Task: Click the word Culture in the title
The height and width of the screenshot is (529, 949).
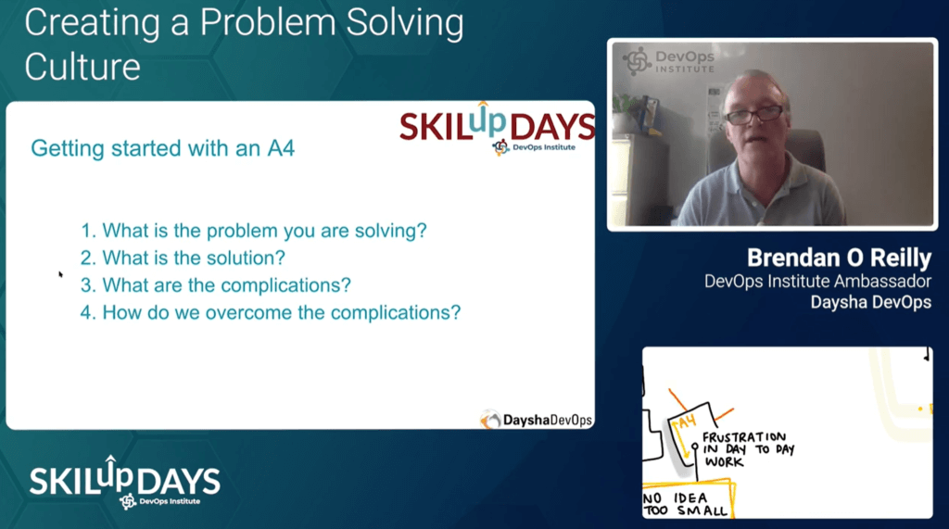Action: coord(82,67)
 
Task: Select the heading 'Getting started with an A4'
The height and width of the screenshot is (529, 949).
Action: coord(163,148)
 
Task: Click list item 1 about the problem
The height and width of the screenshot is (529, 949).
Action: coord(254,231)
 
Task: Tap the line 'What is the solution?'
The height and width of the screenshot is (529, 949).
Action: coord(183,258)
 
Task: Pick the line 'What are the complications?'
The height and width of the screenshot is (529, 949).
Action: coord(215,285)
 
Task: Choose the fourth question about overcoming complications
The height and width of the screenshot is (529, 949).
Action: coord(271,312)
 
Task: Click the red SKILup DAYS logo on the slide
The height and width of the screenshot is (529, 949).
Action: coord(497,128)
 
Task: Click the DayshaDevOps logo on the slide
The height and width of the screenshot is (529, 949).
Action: coord(537,419)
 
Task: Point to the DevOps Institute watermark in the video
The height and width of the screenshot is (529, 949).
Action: coord(669,62)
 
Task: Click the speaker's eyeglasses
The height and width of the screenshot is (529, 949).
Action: coord(753,114)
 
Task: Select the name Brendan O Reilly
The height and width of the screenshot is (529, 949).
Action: coord(839,258)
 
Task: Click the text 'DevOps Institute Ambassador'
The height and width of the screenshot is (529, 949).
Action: coord(817,282)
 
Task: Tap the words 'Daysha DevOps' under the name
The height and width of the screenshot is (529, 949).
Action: coord(871,302)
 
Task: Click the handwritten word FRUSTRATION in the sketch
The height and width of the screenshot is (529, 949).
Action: coord(744,437)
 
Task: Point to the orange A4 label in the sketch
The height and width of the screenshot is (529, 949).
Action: coord(687,422)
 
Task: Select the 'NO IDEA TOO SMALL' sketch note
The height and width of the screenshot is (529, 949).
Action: coord(685,504)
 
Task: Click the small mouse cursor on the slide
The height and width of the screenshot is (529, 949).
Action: coord(60,275)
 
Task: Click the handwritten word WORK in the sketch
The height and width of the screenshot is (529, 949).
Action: coord(725,461)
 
